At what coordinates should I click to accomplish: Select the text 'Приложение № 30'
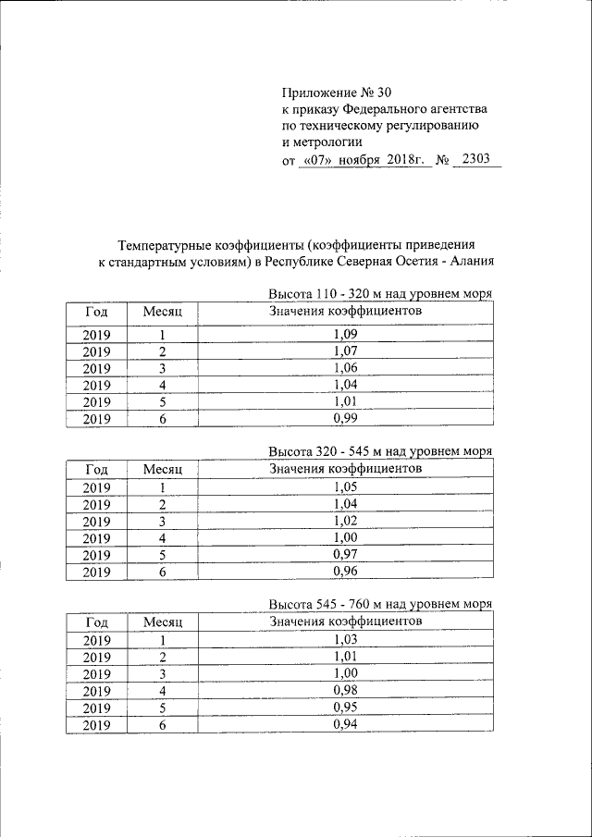click(335, 92)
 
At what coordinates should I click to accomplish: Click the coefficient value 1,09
click(344, 334)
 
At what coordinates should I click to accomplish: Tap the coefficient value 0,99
click(344, 418)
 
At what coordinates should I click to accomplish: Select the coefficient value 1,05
click(344, 488)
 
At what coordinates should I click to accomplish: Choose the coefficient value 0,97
click(344, 555)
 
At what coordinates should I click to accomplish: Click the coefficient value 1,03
click(344, 641)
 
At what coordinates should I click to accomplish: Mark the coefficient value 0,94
click(344, 725)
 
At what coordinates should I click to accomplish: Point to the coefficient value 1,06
click(344, 368)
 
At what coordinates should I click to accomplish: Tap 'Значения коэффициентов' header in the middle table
click(345, 467)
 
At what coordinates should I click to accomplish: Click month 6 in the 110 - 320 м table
click(162, 418)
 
